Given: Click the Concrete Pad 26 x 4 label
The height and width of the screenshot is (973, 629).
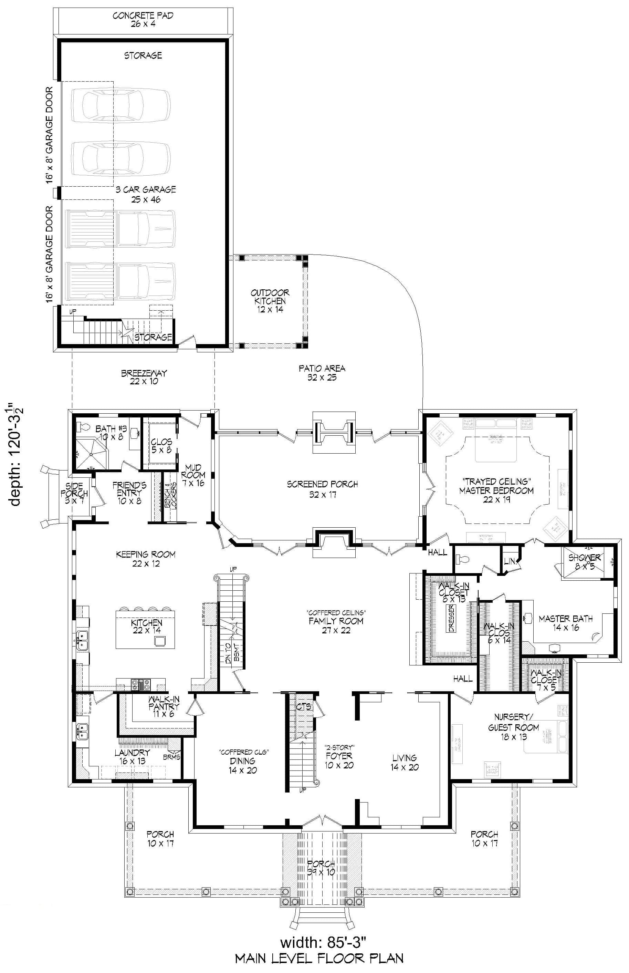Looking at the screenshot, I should click(143, 20).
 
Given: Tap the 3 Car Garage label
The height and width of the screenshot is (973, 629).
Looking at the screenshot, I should click(146, 195).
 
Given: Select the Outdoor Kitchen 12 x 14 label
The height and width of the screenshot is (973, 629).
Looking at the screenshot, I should click(270, 301).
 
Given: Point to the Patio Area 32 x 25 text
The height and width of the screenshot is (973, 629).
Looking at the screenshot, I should click(322, 373).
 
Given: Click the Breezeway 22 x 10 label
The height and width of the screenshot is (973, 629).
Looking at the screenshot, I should click(144, 377).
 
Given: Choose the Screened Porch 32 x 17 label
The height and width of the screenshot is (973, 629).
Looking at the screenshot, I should click(322, 489).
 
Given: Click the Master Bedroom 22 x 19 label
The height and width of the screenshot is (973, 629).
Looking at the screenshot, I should click(496, 490).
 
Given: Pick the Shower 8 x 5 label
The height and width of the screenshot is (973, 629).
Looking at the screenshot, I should click(585, 562).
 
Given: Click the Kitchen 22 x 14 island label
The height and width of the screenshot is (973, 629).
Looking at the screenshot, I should click(147, 627).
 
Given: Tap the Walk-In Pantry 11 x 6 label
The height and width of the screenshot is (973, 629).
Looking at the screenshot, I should click(164, 706).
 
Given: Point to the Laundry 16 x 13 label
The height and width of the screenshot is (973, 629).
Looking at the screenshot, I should click(132, 757).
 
